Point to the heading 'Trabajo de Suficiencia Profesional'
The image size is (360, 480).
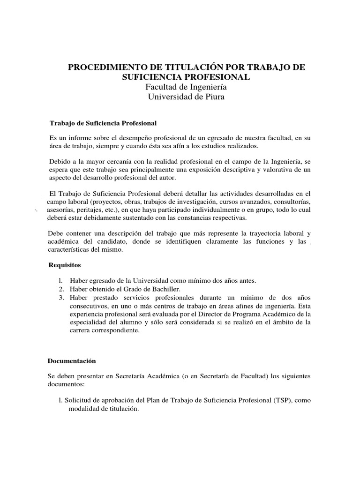(103, 123)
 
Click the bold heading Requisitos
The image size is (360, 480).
(65, 265)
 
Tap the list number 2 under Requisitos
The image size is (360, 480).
(61, 289)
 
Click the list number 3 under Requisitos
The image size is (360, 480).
(61, 298)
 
